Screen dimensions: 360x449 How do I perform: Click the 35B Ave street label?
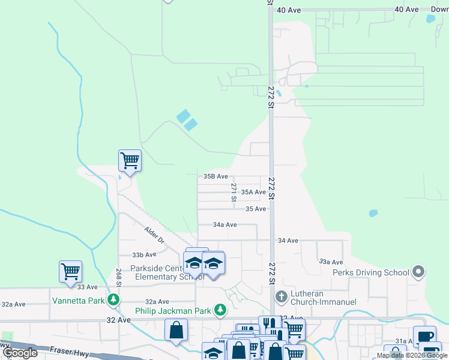coord(215,176)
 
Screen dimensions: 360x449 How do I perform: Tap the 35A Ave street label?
coord(253,192)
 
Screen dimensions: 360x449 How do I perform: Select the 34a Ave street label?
coord(225,224)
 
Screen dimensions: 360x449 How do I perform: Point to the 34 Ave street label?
coord(288,241)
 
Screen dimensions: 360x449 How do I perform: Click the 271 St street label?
coord(234,192)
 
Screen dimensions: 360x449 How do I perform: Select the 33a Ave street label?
coord(331,262)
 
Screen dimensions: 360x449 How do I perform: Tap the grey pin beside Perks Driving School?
coord(418,272)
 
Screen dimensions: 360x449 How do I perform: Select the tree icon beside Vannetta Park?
coord(112,299)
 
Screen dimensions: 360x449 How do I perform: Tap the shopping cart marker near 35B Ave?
coord(130,161)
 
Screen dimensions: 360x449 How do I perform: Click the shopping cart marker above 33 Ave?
coord(70,272)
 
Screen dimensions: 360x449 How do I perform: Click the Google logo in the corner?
coord(20,353)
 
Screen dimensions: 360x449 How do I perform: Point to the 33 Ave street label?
coord(88,287)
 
